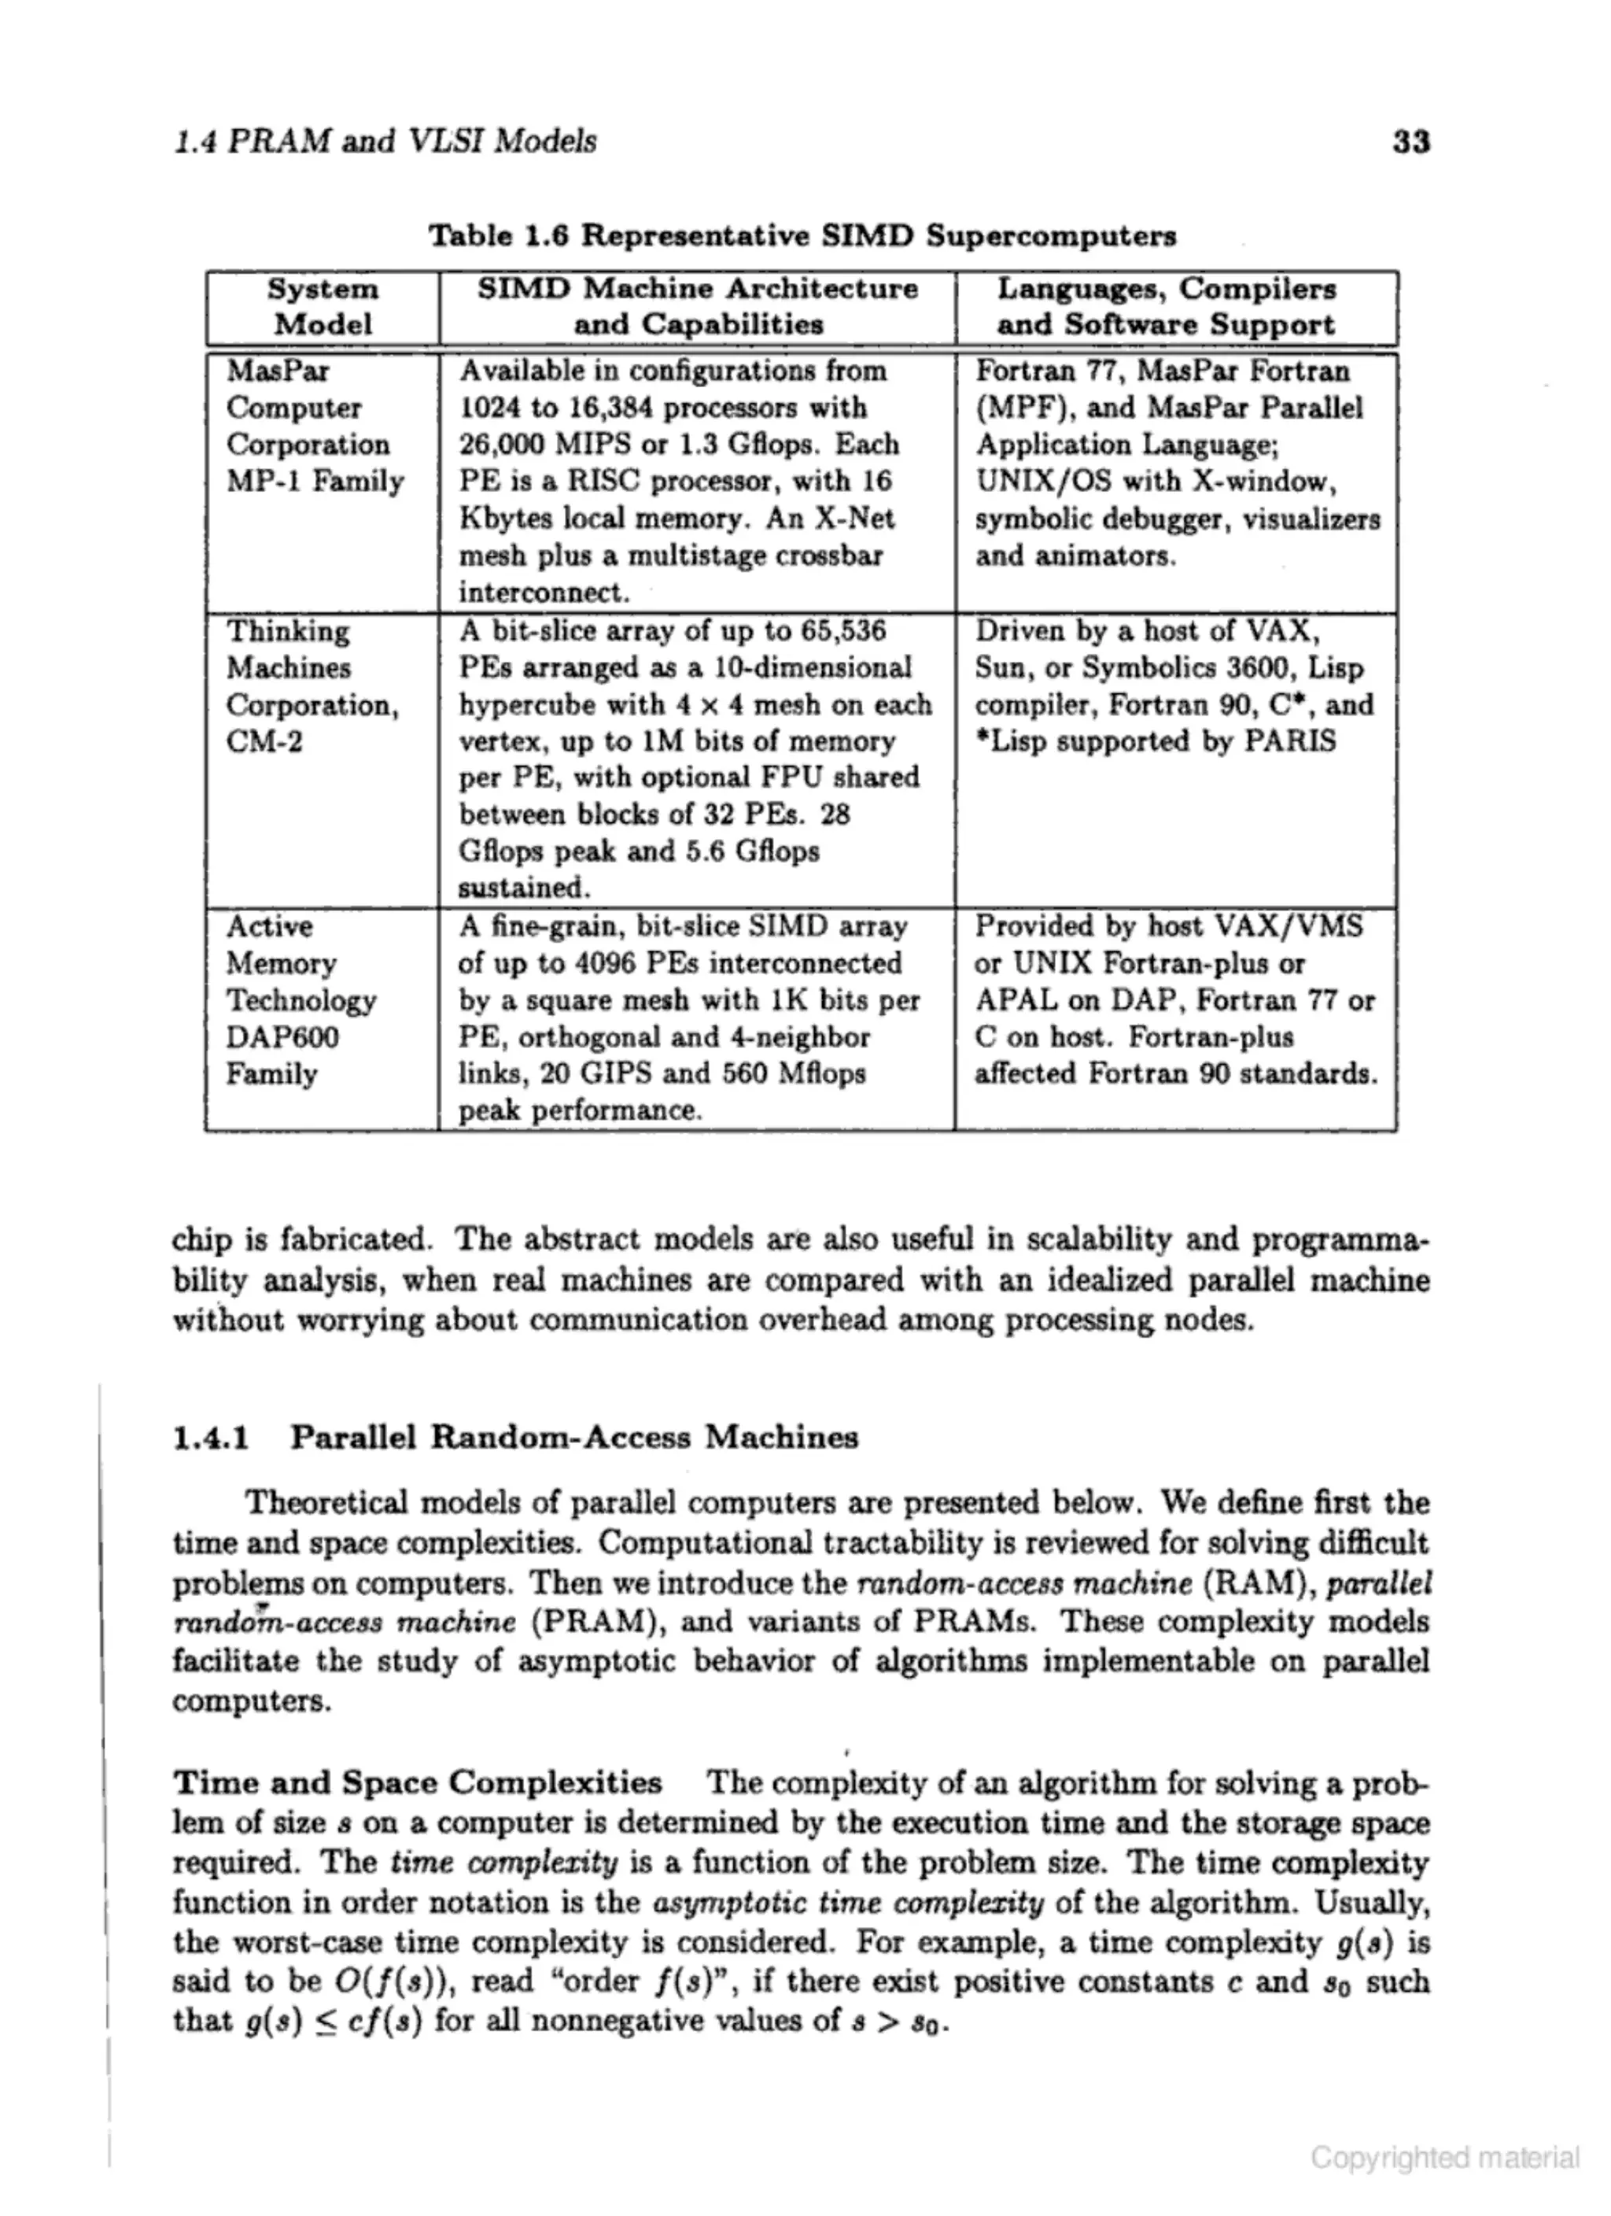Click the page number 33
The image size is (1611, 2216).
(1410, 142)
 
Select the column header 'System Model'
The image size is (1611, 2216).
(323, 307)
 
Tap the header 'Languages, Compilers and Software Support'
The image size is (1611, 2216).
(1166, 307)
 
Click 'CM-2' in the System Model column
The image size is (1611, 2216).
(265, 741)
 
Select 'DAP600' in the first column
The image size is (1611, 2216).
(282, 1036)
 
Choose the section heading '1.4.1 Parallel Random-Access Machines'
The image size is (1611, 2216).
(515, 1437)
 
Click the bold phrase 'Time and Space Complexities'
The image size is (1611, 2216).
(417, 1782)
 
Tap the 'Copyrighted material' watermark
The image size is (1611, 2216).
(1444, 2158)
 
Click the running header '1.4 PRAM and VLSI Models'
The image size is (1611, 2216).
(384, 142)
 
